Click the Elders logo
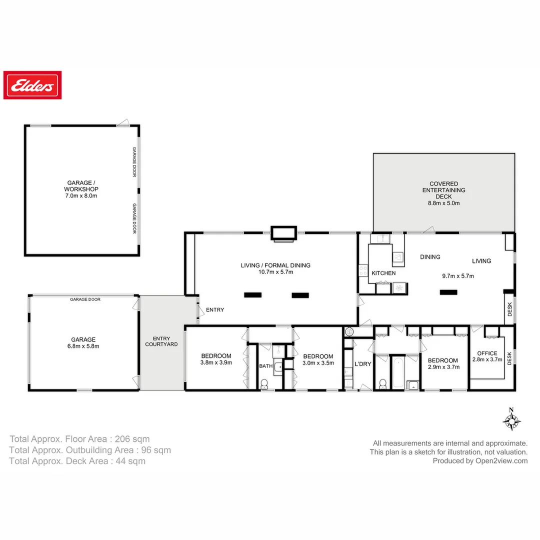pyautogui.click(x=32, y=85)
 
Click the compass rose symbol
pyautogui.click(x=511, y=420)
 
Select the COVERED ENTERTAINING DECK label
pyautogui.click(x=443, y=190)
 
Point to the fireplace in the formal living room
pyautogui.click(x=283, y=233)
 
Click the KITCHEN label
pyautogui.click(x=383, y=273)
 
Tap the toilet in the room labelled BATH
pyautogui.click(x=264, y=383)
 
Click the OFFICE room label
pyautogui.click(x=487, y=353)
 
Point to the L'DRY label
pyautogui.click(x=362, y=364)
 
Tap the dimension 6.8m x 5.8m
pyautogui.click(x=82, y=346)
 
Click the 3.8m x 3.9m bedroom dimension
pyautogui.click(x=216, y=363)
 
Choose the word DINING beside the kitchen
pyautogui.click(x=430, y=257)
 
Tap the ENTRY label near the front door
pyautogui.click(x=215, y=310)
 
